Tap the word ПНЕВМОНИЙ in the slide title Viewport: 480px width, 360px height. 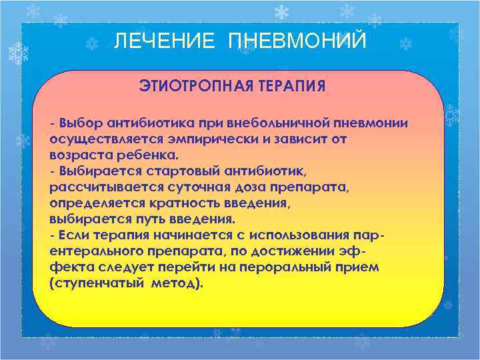(x=297, y=41)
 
